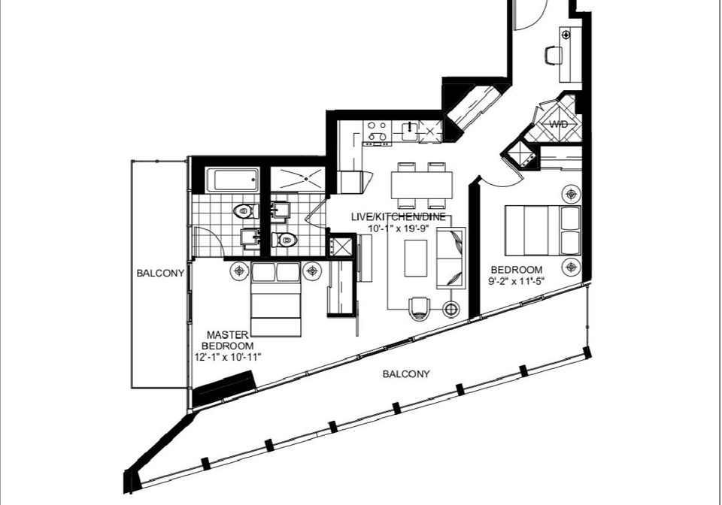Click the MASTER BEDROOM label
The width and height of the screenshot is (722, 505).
(x=227, y=340)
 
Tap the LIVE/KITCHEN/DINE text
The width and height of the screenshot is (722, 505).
(x=399, y=217)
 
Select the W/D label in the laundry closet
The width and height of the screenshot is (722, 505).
(x=559, y=124)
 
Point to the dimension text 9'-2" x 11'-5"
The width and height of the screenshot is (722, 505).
(x=516, y=281)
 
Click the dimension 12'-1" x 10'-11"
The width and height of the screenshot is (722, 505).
(x=228, y=357)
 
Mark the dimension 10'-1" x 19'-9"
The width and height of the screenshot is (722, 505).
(x=399, y=228)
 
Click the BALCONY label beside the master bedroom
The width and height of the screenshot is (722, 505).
(x=160, y=274)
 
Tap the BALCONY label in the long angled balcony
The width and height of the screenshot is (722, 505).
(x=406, y=374)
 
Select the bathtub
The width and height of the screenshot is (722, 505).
(x=232, y=180)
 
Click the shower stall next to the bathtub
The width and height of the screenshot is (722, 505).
(x=298, y=180)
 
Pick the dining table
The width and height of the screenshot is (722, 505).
(x=422, y=185)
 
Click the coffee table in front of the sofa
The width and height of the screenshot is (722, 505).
(x=416, y=258)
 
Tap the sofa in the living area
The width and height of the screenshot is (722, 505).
(x=450, y=258)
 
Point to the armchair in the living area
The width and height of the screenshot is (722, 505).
(x=420, y=307)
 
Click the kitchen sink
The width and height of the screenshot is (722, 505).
(x=410, y=132)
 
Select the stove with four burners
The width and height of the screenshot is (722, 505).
(x=377, y=132)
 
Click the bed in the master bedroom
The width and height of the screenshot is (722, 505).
(x=276, y=299)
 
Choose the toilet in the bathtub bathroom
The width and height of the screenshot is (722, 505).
(x=245, y=212)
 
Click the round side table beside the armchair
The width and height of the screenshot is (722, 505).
(x=451, y=309)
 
